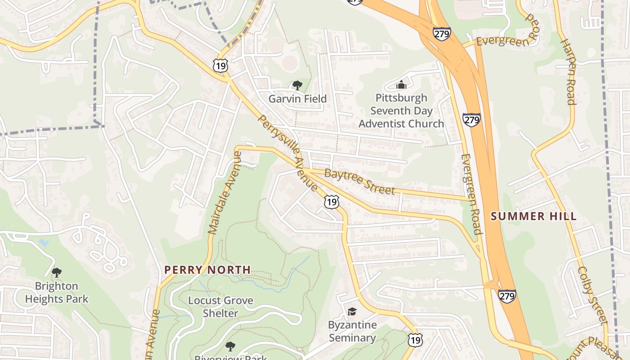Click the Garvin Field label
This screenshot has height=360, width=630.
click(297, 99)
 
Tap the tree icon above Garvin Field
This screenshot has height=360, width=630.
click(297, 85)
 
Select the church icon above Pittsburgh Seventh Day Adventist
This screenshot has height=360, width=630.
click(401, 84)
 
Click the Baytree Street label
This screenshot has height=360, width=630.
click(359, 181)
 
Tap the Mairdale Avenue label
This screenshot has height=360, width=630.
click(225, 193)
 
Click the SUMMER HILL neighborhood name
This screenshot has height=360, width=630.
click(533, 216)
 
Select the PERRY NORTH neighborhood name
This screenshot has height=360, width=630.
click(207, 270)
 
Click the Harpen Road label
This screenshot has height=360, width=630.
click(568, 72)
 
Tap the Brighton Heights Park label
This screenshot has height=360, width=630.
click(57, 292)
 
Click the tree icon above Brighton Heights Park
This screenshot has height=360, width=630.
click(57, 273)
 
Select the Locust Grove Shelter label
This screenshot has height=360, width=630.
click(220, 306)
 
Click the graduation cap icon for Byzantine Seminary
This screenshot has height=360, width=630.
click(352, 311)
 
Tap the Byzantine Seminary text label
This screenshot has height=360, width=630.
click(352, 331)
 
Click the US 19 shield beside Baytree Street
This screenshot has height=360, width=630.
click(331, 202)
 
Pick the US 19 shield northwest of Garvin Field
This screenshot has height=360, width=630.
click(221, 66)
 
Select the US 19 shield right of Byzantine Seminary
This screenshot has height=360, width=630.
click(415, 340)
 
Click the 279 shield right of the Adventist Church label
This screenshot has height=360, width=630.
click(471, 120)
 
